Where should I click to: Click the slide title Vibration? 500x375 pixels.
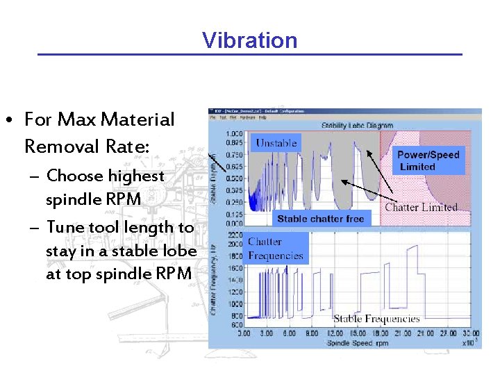(x=249, y=40)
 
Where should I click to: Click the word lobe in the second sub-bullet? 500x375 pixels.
(x=181, y=250)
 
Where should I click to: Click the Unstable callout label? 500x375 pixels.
(x=276, y=143)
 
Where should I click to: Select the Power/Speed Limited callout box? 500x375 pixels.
(x=428, y=161)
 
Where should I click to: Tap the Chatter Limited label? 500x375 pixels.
(x=421, y=207)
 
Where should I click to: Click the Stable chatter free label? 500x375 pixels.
(x=320, y=219)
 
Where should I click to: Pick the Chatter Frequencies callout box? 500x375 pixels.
(x=276, y=249)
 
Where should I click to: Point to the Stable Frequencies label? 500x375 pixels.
(x=376, y=319)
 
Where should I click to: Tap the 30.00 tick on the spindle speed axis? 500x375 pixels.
(x=470, y=334)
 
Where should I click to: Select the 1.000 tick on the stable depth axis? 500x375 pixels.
(x=234, y=133)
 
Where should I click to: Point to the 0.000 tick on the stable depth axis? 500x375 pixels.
(x=234, y=224)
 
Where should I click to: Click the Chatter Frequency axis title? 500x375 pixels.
(x=216, y=278)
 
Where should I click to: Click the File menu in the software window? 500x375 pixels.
(x=213, y=117)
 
